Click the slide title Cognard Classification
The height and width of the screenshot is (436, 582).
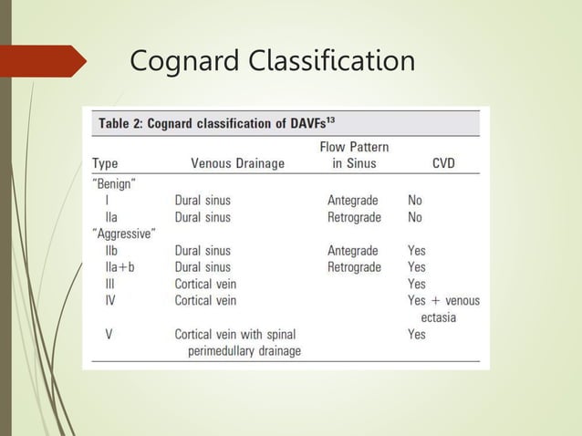[x=272, y=61]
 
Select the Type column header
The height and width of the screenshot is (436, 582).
[x=105, y=164]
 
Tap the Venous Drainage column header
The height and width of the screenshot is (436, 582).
[x=237, y=164]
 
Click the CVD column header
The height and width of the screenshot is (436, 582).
[x=443, y=164]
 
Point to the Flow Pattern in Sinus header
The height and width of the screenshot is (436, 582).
[x=354, y=155]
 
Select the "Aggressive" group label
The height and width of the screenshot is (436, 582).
[x=124, y=234]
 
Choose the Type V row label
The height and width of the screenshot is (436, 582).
[x=109, y=334]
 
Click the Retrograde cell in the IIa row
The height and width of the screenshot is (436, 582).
[x=354, y=217]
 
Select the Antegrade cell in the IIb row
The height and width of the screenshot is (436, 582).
[x=352, y=250]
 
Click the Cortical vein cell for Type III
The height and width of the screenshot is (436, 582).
[x=205, y=284]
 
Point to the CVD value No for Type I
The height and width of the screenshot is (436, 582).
[x=415, y=200]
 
